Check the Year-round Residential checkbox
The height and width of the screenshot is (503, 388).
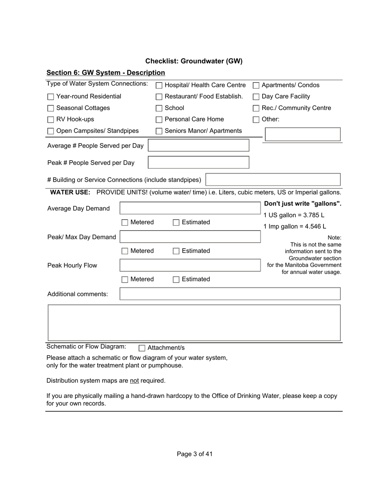point(51,97)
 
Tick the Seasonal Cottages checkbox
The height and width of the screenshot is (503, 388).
point(51,108)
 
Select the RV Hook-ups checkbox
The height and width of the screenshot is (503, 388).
point(51,120)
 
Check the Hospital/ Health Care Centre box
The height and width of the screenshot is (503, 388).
point(159,85)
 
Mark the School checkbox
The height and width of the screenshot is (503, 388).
point(159,108)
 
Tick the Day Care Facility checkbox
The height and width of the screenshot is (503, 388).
point(256,97)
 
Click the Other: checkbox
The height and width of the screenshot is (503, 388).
point(256,120)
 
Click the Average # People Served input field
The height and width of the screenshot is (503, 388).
point(198,146)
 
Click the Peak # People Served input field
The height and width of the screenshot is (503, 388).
point(198,162)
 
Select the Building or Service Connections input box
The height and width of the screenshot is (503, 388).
point(273,180)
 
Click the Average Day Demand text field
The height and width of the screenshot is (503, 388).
point(190,208)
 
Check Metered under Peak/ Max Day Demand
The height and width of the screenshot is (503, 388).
point(125,251)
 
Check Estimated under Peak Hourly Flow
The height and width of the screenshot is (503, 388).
point(176,280)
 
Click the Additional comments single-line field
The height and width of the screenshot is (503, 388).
point(230,294)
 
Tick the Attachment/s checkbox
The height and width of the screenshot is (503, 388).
point(142,348)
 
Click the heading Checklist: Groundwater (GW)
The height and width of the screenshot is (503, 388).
point(194,61)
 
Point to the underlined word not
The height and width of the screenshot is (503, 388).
point(134,381)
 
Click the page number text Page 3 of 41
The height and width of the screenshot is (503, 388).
point(194,454)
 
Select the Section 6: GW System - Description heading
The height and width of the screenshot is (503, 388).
point(105,73)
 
